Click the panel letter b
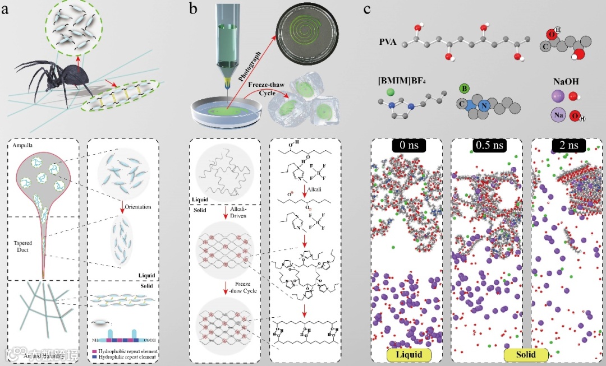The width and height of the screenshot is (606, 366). tap(193, 10)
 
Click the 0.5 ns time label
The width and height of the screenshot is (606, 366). tap(486, 145)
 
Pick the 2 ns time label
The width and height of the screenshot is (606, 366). tap(567, 145)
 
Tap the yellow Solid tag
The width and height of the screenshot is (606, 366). tap(526, 354)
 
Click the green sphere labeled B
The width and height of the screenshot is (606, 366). tap(463, 88)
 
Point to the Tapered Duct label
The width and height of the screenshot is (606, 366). tap(24, 247)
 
